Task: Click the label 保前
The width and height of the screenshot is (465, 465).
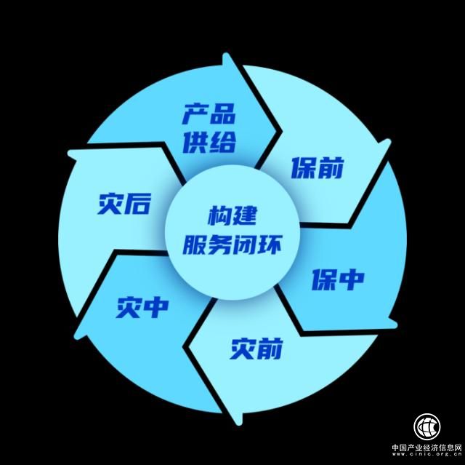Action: [x=318, y=168]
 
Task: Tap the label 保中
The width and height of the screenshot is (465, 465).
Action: [x=338, y=279]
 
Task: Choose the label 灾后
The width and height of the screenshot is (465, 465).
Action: [x=124, y=204]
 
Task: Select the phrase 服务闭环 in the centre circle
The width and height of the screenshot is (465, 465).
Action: [x=232, y=244]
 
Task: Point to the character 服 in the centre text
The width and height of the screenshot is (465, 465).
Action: [x=195, y=244]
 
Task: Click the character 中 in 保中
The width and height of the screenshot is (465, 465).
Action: [x=352, y=279]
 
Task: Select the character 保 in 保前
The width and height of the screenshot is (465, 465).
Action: [x=304, y=168]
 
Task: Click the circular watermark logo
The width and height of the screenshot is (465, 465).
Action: [x=429, y=427]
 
